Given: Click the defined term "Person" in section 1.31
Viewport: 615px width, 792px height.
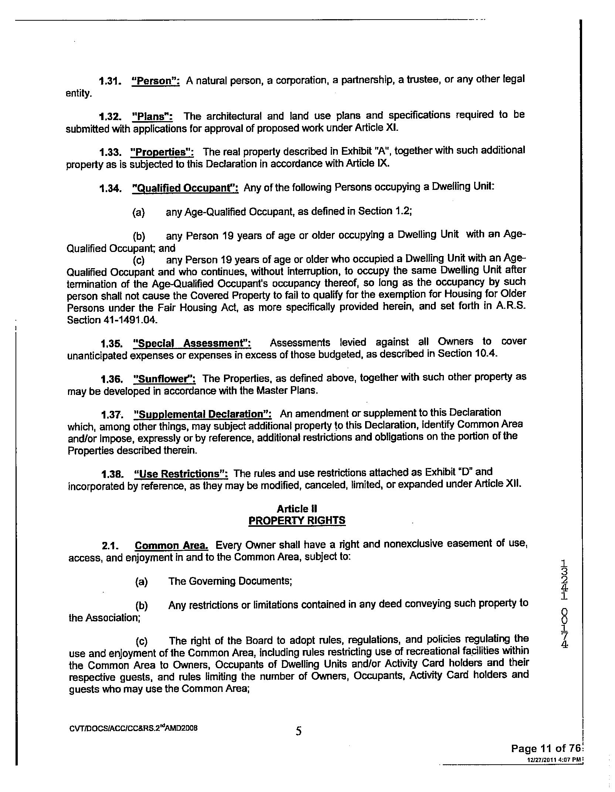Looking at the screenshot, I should click(x=156, y=81).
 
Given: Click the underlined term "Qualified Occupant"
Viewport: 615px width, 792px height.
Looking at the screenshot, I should click(x=185, y=188).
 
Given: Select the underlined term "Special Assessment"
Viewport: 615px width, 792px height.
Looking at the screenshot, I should click(x=192, y=343).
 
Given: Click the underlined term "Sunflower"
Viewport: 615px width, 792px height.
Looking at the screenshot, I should click(x=164, y=379).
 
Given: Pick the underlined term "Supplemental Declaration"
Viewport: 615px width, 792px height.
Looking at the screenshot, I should click(x=202, y=414).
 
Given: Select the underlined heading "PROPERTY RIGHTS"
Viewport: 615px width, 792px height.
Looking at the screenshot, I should click(x=297, y=520).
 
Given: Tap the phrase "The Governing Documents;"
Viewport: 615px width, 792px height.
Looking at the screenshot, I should click(x=230, y=581).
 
